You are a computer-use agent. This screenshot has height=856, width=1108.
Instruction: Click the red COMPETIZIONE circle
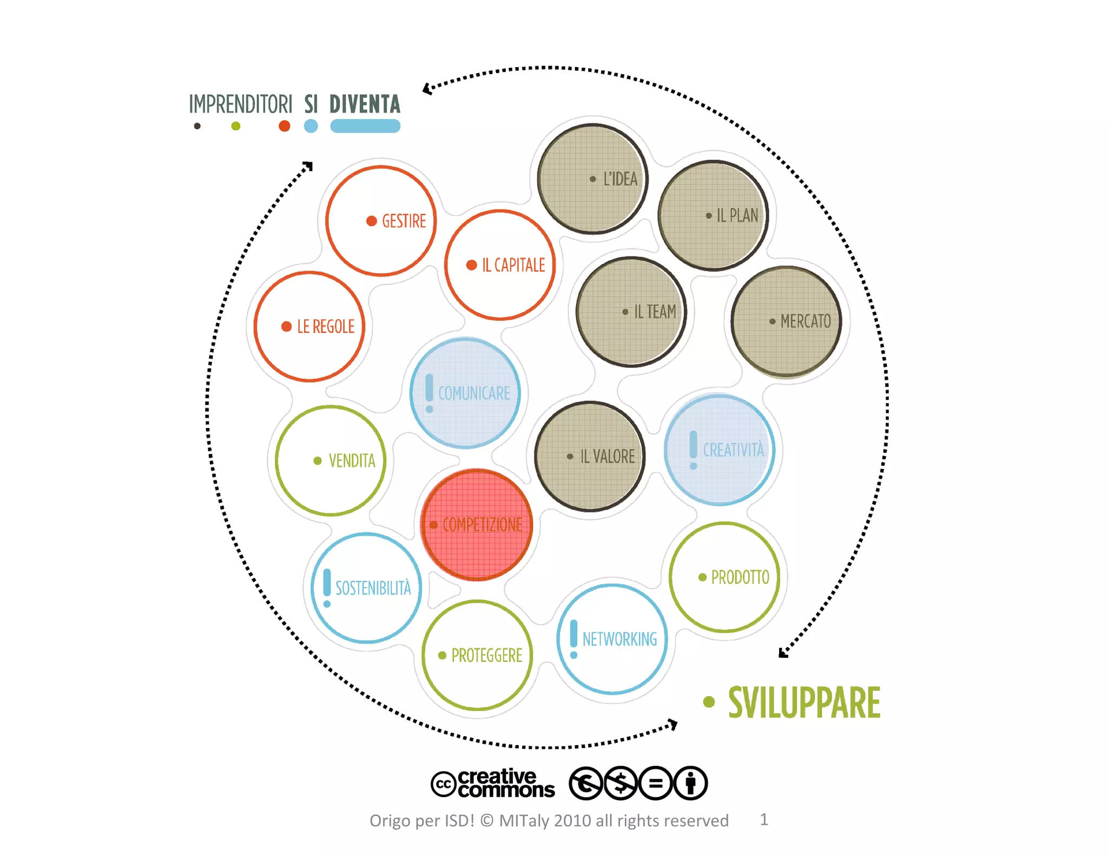[x=477, y=524]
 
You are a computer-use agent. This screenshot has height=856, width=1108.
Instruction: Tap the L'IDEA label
[x=620, y=179]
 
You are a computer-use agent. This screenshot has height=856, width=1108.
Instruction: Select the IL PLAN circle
[x=713, y=215]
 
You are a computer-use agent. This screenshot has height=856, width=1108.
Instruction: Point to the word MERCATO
[x=806, y=321]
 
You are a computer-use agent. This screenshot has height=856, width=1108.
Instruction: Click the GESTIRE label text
[x=404, y=221]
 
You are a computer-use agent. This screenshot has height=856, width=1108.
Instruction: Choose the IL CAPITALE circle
[x=500, y=265]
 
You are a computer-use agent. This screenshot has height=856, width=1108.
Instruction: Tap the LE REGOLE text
[x=326, y=327]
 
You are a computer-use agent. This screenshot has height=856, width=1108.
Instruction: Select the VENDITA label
[x=352, y=461]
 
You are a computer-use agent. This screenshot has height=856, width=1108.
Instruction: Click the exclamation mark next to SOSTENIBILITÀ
[x=327, y=588]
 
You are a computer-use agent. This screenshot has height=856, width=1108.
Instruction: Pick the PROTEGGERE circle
[x=477, y=655]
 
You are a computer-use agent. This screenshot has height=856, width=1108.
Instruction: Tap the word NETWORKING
[x=619, y=640]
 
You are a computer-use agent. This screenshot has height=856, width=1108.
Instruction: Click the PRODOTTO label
[x=740, y=577]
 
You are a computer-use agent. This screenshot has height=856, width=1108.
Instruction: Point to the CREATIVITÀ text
[x=733, y=450]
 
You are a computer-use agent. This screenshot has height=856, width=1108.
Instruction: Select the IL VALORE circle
[x=590, y=456]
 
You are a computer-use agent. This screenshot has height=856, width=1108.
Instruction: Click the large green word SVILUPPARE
[x=804, y=703]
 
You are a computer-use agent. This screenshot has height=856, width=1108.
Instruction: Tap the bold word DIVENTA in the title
[x=365, y=104]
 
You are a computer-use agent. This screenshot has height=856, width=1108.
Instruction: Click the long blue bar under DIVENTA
[x=365, y=126]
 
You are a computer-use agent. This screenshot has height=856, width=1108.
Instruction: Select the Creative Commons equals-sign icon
[x=655, y=783]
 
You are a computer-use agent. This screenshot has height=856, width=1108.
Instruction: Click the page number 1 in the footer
[x=764, y=819]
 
